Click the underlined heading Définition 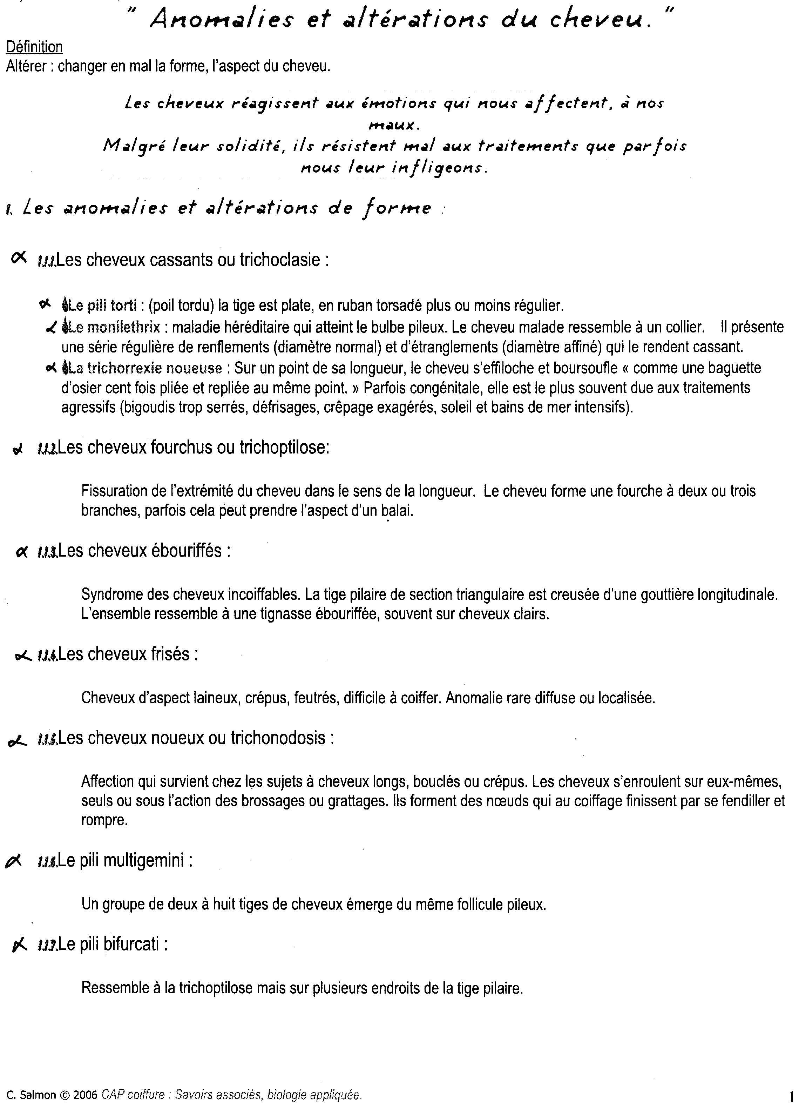coord(34,47)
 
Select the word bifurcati coord(131,944)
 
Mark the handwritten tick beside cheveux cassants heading coord(19,258)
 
